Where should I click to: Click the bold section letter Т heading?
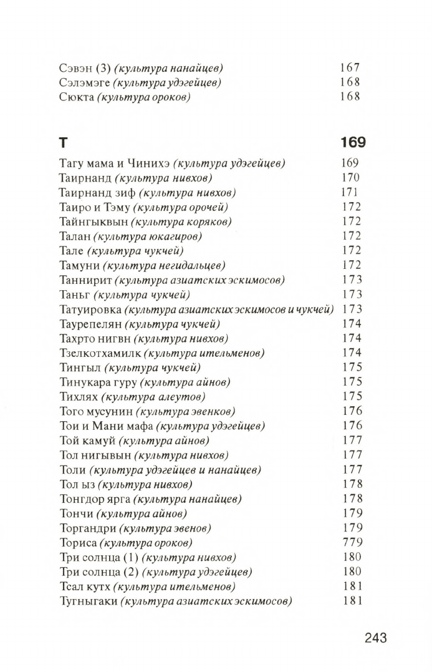point(63,143)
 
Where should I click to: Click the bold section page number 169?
point(353,143)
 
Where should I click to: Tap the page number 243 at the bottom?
point(376,638)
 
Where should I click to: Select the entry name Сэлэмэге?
point(83,82)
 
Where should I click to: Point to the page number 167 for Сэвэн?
point(350,68)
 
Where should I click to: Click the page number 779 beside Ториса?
point(352,543)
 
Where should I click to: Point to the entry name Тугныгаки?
point(88,601)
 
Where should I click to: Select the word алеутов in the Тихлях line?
point(183,397)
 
